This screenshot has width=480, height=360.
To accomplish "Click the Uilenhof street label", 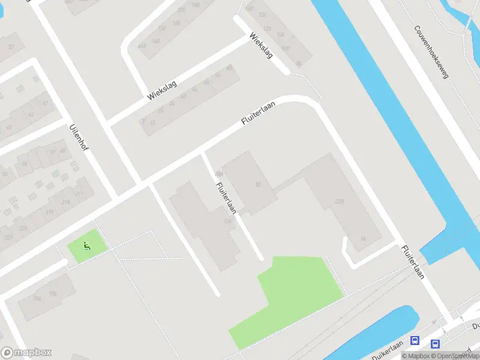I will click(79, 138).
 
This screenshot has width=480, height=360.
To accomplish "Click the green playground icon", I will click(87, 245).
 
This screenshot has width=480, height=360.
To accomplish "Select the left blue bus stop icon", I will click(415, 340).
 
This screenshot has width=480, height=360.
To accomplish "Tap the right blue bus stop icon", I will click(435, 344).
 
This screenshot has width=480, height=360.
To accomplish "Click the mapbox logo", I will click(26, 353).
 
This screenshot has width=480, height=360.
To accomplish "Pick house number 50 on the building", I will click(259, 184).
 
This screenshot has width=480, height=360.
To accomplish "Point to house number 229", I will click(341, 202).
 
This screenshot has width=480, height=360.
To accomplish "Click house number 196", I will click(53, 293).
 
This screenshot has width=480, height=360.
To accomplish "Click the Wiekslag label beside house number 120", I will click(262, 44).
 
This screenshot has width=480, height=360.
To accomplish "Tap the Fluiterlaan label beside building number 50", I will click(226, 197).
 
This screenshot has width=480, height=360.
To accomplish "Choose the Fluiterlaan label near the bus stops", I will click(413, 262).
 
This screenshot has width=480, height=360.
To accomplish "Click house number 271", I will click(79, 194).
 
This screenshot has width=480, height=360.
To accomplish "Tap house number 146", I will click(156, 41).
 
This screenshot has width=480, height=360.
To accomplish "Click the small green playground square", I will click(87, 245).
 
